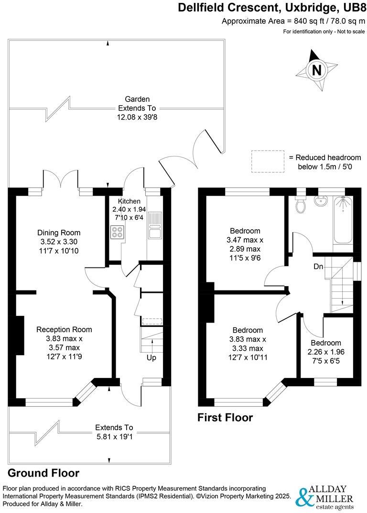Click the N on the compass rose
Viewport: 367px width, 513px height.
point(316,70)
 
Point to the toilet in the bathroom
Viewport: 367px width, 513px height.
point(301,204)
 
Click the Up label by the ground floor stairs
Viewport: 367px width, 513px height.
point(151,357)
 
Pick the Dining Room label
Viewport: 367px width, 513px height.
point(59,233)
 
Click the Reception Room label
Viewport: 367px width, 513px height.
point(64,329)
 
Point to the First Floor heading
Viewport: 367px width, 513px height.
point(225,418)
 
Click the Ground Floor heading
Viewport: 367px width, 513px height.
point(43,473)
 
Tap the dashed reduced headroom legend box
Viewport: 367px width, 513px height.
point(267,161)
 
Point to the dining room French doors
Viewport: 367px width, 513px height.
point(61,181)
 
